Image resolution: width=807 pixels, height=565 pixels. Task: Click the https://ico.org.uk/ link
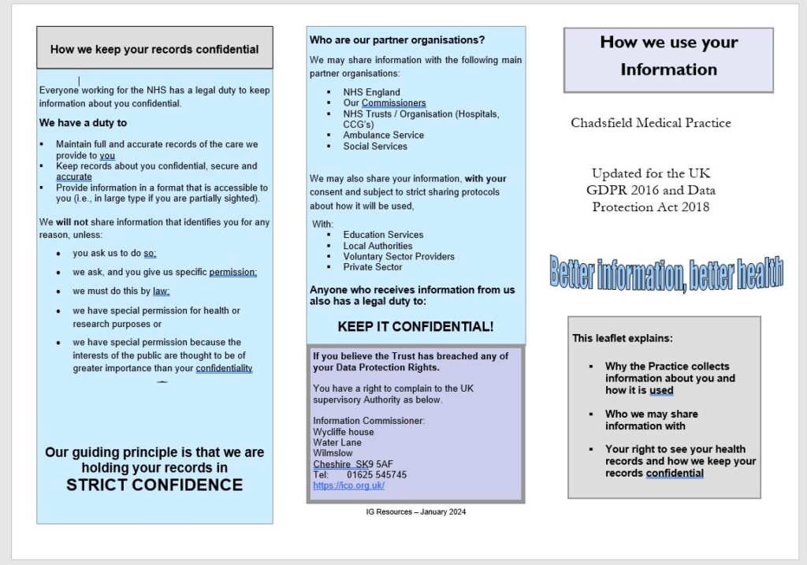point(348,486)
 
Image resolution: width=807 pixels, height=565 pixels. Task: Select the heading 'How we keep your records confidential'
point(154,49)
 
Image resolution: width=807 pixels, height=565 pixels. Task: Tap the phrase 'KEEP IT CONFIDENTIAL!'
point(415,326)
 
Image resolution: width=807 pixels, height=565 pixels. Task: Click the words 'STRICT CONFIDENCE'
point(154,485)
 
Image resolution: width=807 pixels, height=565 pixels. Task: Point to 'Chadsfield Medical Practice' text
point(651,123)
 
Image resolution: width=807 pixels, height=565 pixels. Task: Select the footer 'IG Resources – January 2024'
point(416,512)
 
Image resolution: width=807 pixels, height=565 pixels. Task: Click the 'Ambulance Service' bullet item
point(383,136)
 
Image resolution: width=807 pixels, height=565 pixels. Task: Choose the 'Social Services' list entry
point(375,147)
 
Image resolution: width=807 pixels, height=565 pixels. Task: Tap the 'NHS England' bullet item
point(371,92)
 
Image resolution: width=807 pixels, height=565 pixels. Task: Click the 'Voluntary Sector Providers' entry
point(399,256)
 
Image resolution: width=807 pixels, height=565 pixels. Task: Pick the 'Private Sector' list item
point(373,267)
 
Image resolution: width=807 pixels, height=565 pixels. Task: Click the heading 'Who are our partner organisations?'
point(397,39)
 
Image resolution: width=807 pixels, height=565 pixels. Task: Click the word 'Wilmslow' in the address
point(333,453)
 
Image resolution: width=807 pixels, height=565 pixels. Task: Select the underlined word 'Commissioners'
point(393,103)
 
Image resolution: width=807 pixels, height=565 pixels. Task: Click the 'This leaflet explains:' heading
point(623,338)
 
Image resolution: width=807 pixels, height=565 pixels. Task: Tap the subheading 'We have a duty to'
point(83,123)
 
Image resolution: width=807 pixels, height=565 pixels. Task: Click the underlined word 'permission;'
point(232,273)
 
